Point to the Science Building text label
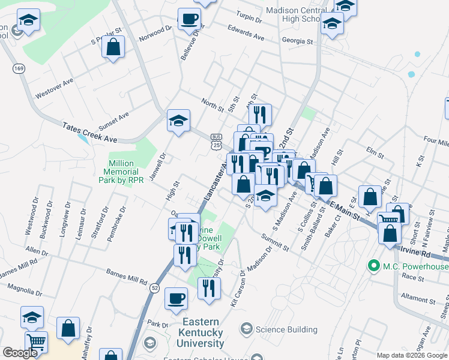pos(286,329)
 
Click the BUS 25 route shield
pos(216,140)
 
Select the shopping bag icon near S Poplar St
pos(113,46)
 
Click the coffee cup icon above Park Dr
pos(176,298)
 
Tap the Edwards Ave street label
pos(246,32)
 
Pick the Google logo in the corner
pos(20,353)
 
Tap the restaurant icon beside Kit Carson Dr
pos(209,288)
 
